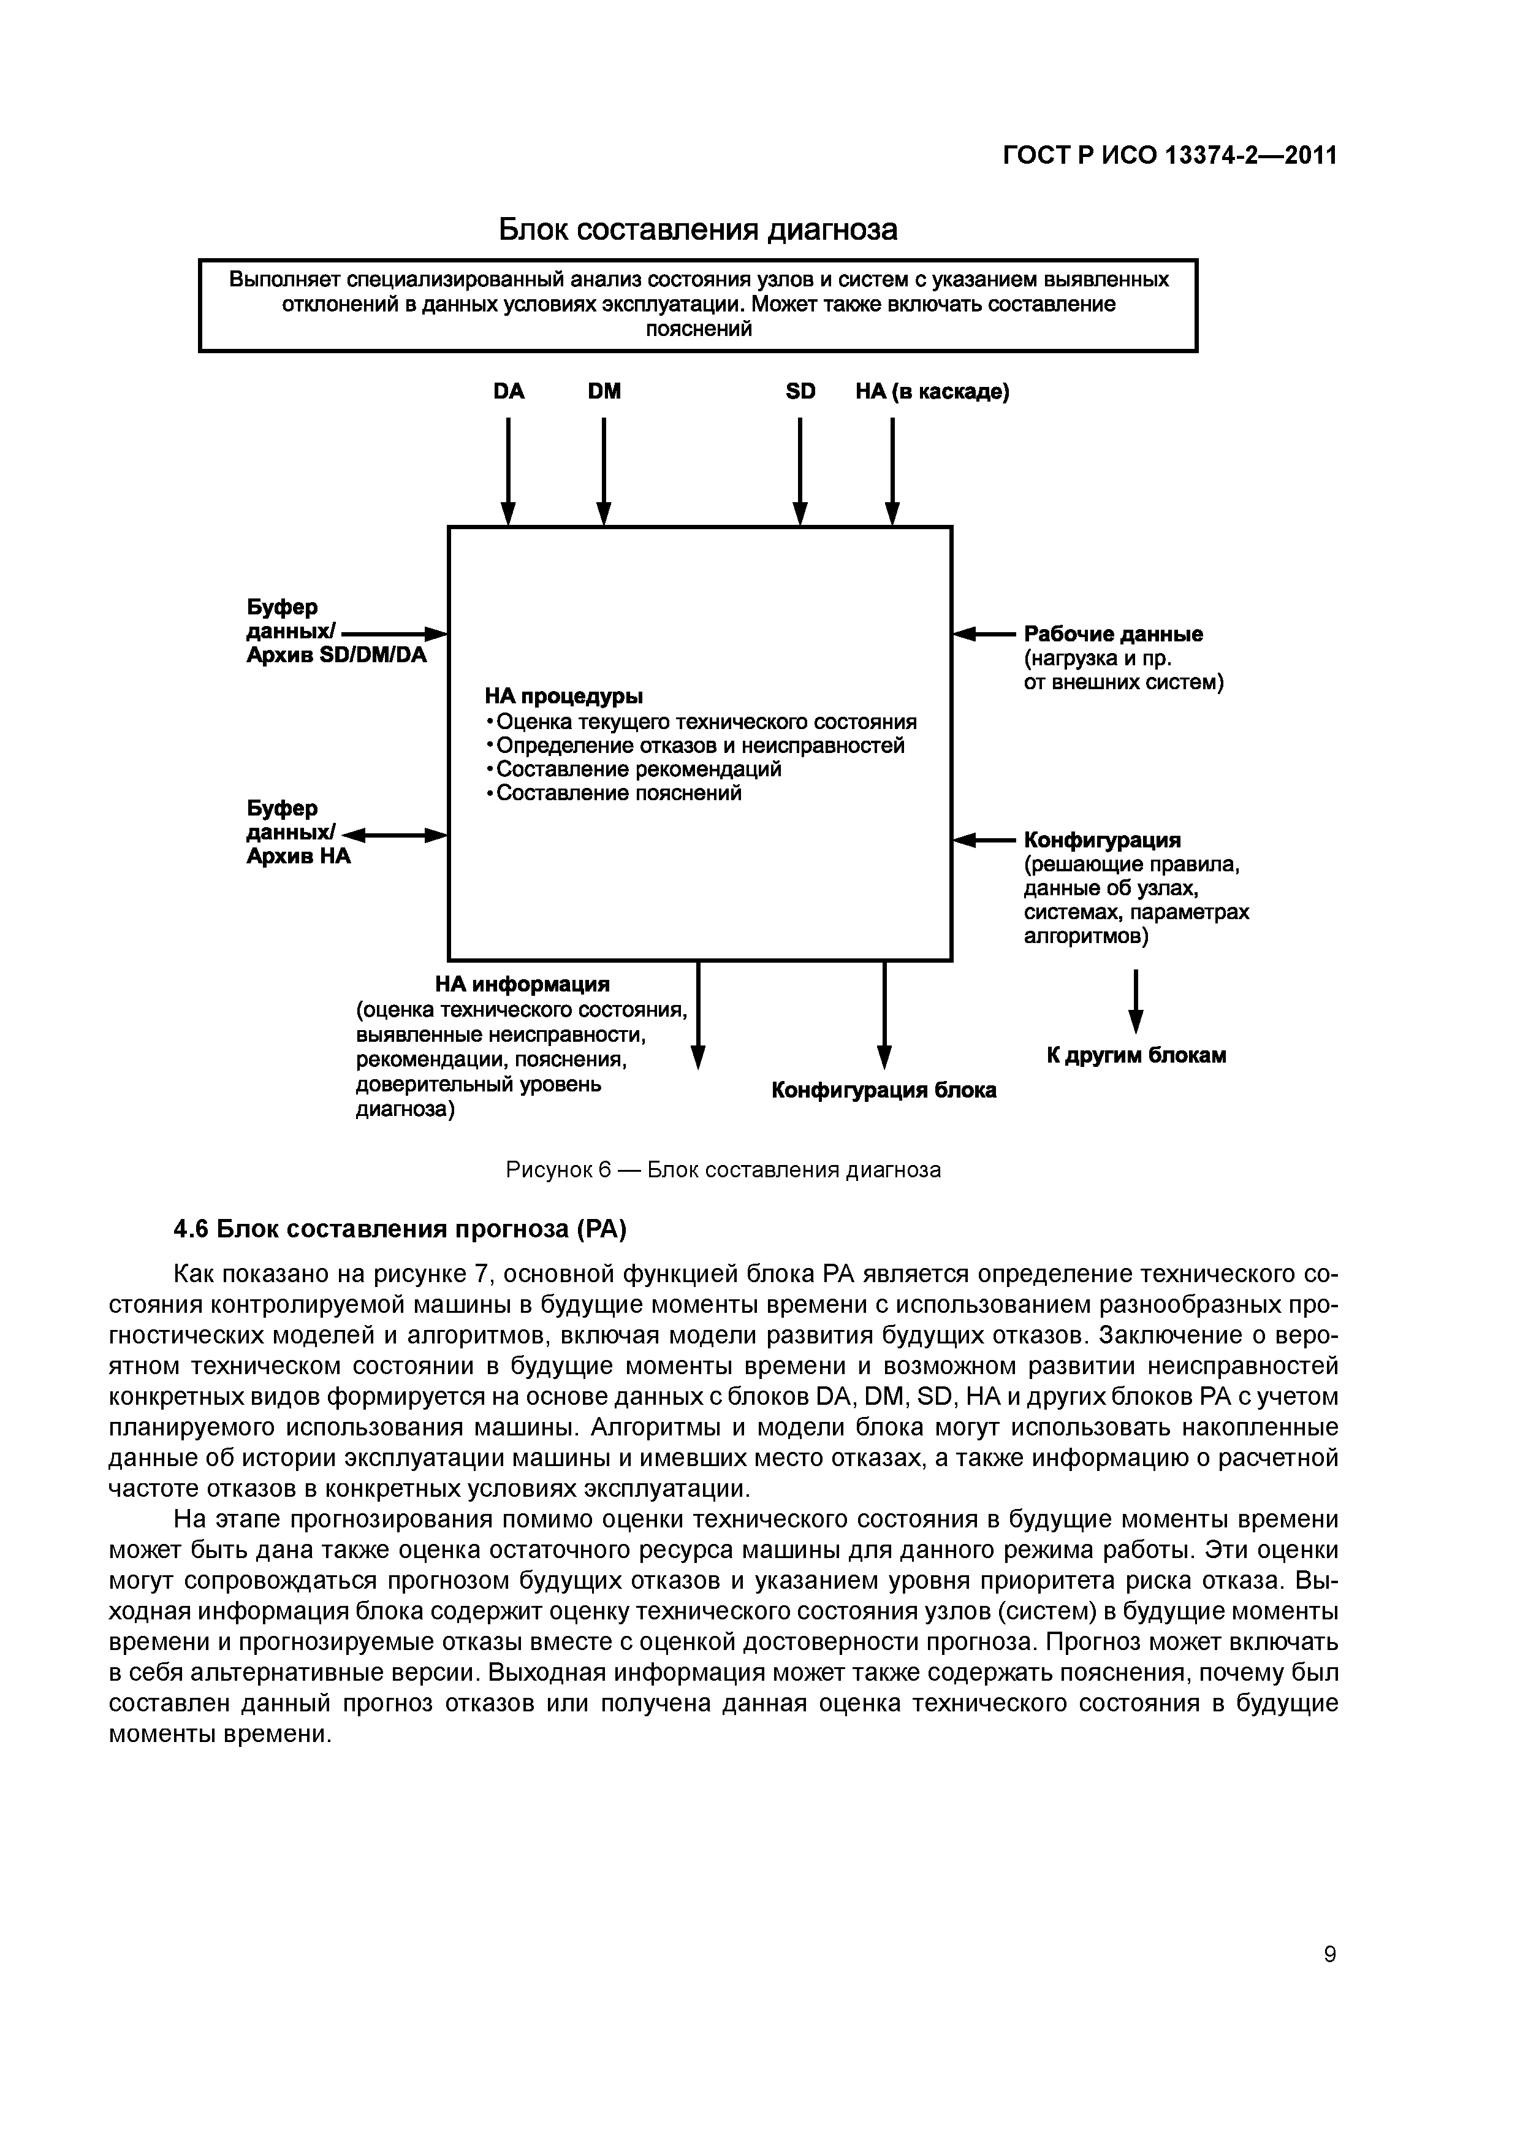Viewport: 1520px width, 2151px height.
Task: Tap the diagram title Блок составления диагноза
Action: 697,229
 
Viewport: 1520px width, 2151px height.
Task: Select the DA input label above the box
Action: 509,392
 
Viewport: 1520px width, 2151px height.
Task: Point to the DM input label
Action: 604,392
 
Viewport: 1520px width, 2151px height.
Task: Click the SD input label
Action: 800,392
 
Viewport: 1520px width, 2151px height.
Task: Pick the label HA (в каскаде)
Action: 932,392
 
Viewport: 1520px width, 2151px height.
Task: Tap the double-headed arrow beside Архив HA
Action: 394,835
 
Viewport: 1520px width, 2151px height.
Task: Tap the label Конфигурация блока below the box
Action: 883,1090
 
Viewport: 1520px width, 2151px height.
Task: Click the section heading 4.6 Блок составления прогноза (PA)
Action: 400,1228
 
